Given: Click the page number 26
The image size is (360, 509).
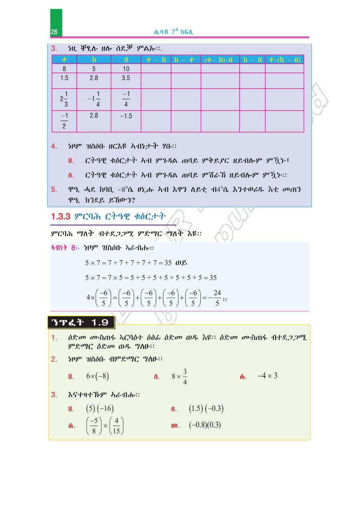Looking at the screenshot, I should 54,32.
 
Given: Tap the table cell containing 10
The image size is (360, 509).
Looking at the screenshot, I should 126,68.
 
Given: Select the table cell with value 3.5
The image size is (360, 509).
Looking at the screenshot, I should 126,78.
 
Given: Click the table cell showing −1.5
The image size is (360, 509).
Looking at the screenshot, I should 126,116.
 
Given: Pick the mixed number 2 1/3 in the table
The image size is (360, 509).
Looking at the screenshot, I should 64,99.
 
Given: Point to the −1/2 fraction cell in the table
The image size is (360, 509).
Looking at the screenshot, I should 64,121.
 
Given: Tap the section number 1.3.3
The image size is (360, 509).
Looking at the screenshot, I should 61,217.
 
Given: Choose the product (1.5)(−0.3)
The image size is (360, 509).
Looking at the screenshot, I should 206,409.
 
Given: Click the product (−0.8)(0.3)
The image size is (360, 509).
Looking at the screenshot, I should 205,425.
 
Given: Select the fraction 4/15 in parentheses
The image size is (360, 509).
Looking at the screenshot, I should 116,426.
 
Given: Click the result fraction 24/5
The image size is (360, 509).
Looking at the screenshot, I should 217,298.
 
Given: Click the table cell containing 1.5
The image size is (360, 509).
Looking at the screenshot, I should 64,78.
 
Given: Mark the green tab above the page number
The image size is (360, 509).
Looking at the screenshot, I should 56,18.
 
